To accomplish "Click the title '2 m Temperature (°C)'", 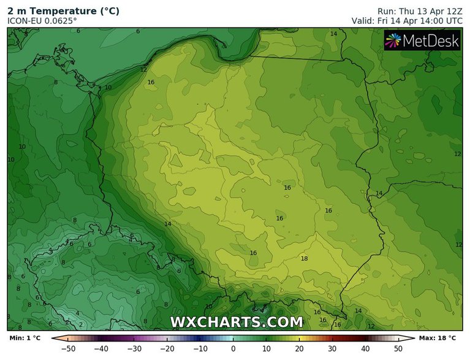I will (x=63, y=10).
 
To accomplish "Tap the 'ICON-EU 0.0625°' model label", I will (x=43, y=21).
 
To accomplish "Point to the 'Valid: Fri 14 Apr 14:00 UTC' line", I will (x=407, y=21).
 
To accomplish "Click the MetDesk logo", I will (x=422, y=41).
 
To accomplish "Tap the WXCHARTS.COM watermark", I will (x=236, y=321).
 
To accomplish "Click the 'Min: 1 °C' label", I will (x=25, y=338).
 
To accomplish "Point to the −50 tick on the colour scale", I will (x=69, y=348).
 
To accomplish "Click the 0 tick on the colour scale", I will (x=233, y=348).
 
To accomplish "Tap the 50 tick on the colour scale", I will (x=398, y=348).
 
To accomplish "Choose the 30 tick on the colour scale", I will (x=332, y=348).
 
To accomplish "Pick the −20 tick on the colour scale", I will (x=167, y=348).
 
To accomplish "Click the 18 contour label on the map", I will (x=305, y=259).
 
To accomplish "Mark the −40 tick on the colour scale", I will (x=102, y=348).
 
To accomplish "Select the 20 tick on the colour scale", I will (x=299, y=348).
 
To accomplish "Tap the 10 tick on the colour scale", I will (x=266, y=348).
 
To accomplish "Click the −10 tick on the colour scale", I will (x=200, y=348).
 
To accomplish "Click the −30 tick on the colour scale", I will (x=134, y=348).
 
